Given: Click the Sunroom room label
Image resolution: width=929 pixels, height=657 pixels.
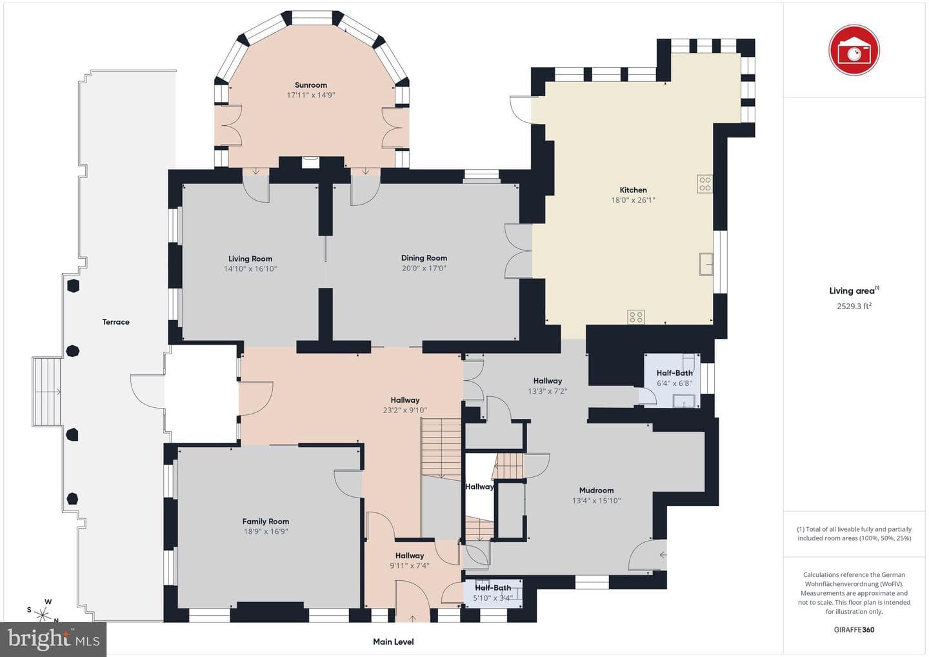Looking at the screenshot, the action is [x=311, y=85].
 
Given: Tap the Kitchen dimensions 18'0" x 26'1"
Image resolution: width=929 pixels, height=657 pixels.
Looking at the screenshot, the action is [x=633, y=200].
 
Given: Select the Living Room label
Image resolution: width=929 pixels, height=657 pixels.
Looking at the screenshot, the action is [x=250, y=259].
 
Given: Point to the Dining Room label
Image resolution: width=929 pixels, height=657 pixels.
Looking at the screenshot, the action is [x=424, y=258].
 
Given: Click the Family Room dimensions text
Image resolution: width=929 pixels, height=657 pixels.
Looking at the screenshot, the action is [x=265, y=531].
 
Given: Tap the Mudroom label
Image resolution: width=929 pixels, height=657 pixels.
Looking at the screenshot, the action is [x=596, y=490].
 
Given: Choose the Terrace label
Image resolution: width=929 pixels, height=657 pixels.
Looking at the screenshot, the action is [x=115, y=322].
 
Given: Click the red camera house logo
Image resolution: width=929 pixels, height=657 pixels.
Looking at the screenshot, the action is [x=854, y=50].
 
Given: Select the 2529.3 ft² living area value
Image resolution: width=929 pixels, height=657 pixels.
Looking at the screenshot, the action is [x=854, y=306].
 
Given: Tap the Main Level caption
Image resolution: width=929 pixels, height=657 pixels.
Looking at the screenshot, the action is [x=393, y=642].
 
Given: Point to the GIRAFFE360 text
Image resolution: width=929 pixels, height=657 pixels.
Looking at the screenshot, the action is [x=854, y=630].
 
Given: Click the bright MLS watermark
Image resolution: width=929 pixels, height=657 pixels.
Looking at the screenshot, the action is [x=54, y=639].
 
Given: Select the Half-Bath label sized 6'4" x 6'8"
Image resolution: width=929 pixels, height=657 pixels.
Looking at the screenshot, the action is [x=674, y=373].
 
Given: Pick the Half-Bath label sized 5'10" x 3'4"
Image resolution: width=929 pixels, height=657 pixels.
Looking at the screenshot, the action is [x=493, y=588].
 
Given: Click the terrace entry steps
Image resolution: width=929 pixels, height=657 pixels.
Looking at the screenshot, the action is [x=46, y=392].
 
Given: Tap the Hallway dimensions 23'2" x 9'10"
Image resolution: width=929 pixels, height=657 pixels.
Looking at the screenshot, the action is [x=405, y=410].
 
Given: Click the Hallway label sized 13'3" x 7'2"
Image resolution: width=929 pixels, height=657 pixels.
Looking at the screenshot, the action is [x=548, y=381].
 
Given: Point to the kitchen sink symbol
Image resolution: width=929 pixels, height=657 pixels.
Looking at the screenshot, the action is [x=706, y=264].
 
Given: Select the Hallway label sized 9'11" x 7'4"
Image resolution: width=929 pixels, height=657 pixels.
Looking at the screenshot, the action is [x=409, y=556].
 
